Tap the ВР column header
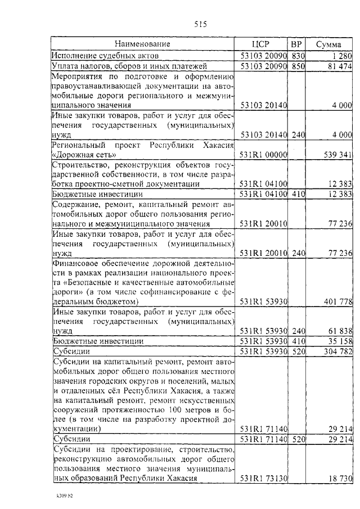tap(297, 44)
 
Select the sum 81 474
tap(338, 66)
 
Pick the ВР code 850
tap(298, 66)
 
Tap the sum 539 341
tap(336, 155)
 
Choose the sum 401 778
tap(336, 302)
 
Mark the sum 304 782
tap(336, 352)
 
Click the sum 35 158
tap(338, 341)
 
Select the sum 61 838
tap(338, 331)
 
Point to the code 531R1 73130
tap(264, 479)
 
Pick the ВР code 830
tap(298, 56)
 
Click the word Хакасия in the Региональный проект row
tap(214, 145)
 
